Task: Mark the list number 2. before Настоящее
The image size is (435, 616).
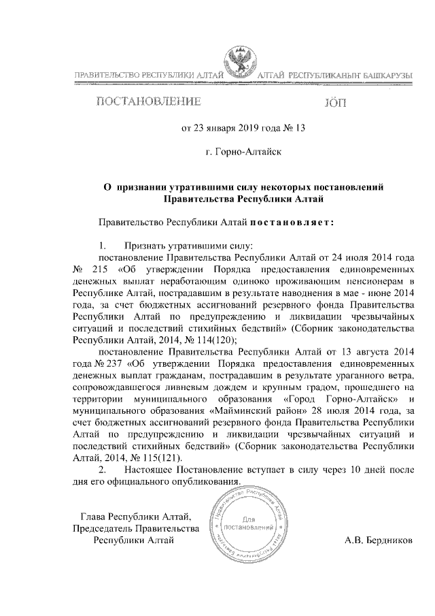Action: (x=103, y=470)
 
